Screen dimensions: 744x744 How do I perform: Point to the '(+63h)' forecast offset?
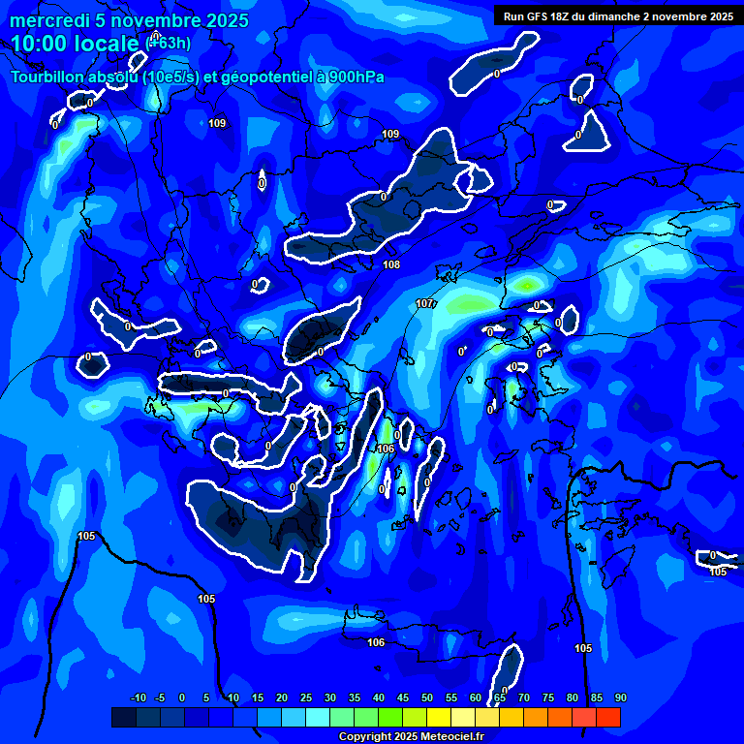(x=168, y=43)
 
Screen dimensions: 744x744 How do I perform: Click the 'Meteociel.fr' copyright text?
(x=444, y=737)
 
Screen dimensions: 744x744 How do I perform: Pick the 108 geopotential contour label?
(x=391, y=264)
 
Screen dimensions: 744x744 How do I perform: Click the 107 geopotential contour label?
(x=424, y=304)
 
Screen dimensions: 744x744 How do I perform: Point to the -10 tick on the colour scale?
(x=138, y=698)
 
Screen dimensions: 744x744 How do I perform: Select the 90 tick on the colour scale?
(x=620, y=698)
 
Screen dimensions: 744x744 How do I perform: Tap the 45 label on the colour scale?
(x=402, y=698)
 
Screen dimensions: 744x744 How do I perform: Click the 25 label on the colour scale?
(x=305, y=698)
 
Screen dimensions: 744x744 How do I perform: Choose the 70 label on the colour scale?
(x=523, y=698)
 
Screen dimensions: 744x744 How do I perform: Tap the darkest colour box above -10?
(x=124, y=717)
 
